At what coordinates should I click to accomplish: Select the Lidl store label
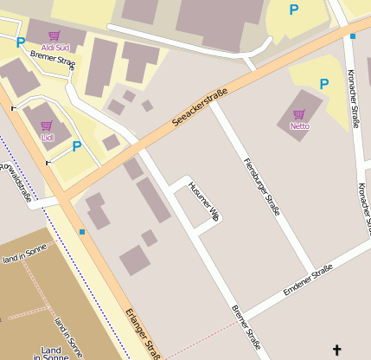pos(47,137)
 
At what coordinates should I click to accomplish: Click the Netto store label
pos(299,125)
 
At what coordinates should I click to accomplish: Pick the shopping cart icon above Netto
pos(299,114)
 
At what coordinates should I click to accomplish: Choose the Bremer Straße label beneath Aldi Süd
pos(53,58)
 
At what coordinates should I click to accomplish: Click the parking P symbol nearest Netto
pos(324,84)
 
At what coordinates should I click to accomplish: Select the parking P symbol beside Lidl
pos(76,146)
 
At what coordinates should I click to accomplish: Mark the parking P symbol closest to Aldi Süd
pos(20,42)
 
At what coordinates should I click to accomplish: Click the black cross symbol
pos(336,350)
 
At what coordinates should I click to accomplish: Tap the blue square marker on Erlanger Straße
pos(82,232)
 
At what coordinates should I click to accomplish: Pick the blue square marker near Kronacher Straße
pos(353,36)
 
